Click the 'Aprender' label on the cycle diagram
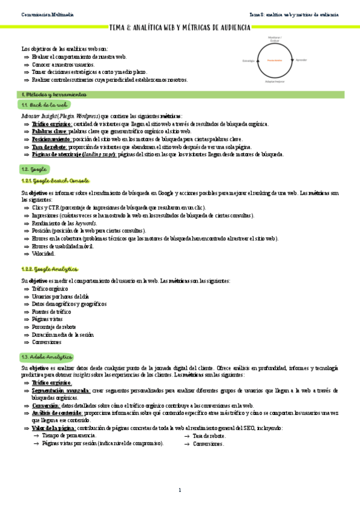tap(301, 60)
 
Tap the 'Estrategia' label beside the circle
tap(249, 61)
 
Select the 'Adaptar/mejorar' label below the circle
tap(275, 81)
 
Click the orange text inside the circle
tap(275, 61)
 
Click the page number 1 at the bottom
tap(179, 490)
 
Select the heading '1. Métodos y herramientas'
tap(53, 94)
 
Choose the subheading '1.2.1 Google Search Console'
tap(55, 180)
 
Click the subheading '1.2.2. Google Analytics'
tap(49, 269)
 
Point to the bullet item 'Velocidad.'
tap(44, 253)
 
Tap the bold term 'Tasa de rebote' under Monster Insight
tap(49, 147)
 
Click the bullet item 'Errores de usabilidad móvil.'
tap(63, 246)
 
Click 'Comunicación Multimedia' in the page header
tap(44, 14)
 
